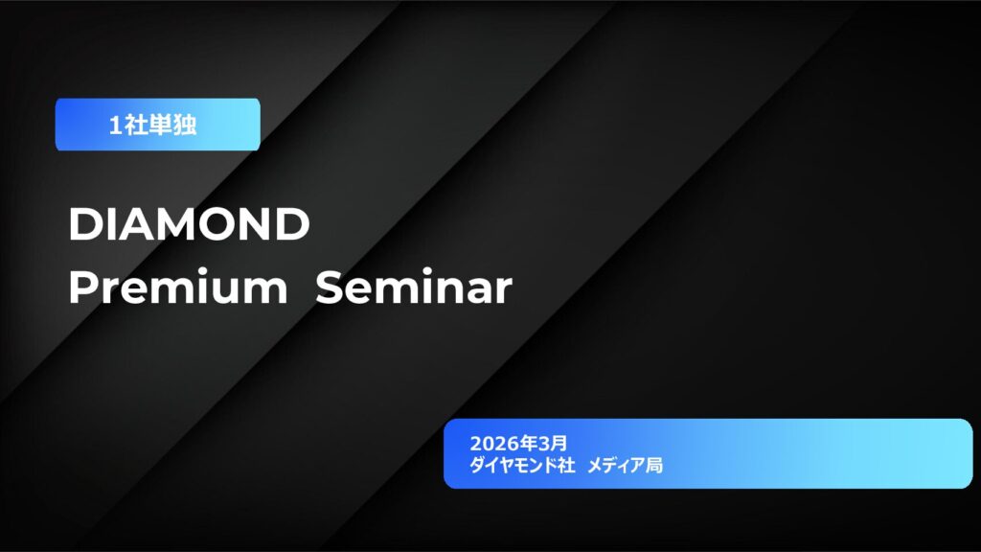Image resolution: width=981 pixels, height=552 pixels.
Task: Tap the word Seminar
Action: tap(413, 287)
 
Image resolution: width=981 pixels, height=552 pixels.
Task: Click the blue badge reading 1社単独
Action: tap(157, 125)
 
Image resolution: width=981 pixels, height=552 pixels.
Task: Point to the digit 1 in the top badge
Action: tap(115, 126)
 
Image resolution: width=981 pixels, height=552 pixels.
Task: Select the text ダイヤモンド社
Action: tap(522, 466)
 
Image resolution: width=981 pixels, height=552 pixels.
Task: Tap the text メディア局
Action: tap(625, 466)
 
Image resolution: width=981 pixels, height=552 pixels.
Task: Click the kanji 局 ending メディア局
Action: tap(655, 466)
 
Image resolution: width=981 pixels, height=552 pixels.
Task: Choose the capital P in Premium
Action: tap(81, 287)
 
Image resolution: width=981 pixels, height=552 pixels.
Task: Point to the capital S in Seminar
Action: tap(330, 287)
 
